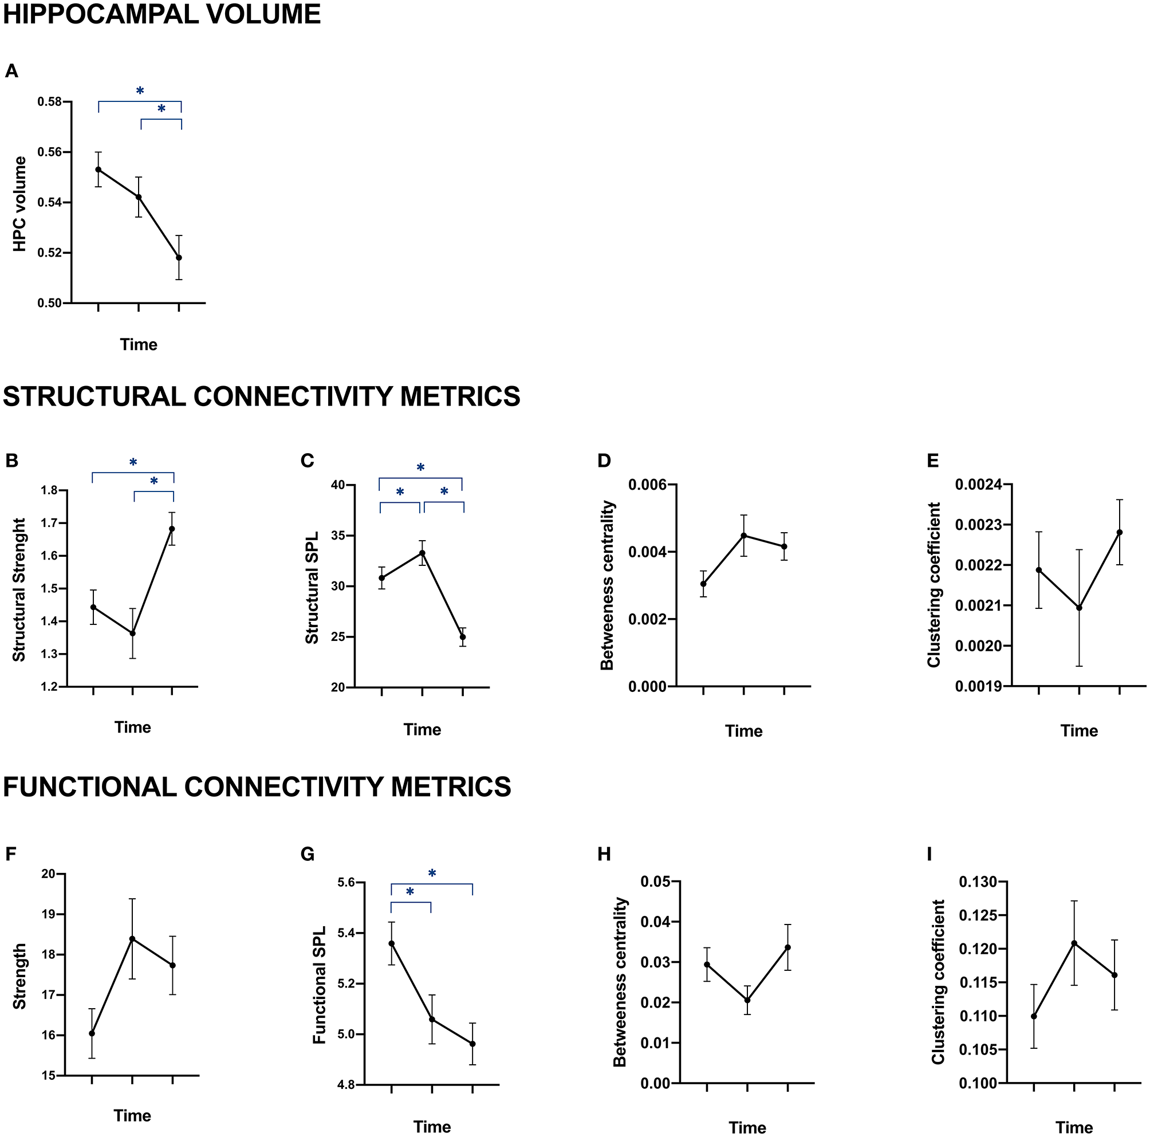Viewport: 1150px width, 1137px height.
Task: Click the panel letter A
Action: [11, 72]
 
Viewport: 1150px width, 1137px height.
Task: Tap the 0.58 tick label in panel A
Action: [49, 102]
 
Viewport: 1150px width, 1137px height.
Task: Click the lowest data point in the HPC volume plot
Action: [179, 258]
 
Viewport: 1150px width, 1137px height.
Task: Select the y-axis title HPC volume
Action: [19, 204]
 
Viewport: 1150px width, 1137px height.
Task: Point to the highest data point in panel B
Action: [172, 529]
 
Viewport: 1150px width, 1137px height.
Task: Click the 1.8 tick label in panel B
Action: [49, 490]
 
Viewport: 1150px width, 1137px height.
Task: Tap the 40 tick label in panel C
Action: [338, 485]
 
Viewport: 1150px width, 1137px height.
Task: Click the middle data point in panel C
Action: [422, 553]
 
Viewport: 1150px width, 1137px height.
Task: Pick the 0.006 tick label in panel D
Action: [648, 485]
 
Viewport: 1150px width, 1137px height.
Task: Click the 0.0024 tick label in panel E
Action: [979, 485]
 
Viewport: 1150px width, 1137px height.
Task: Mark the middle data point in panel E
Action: [1079, 608]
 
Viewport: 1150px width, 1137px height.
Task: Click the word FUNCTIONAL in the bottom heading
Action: [89, 787]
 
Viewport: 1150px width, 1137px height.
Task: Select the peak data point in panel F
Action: [132, 939]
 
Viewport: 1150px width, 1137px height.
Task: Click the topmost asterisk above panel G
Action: [432, 874]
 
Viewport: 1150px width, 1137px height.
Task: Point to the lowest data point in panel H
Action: [747, 1000]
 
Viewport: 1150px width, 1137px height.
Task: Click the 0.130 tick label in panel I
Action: [978, 882]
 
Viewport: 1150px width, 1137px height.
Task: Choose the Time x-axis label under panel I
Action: [1074, 1127]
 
